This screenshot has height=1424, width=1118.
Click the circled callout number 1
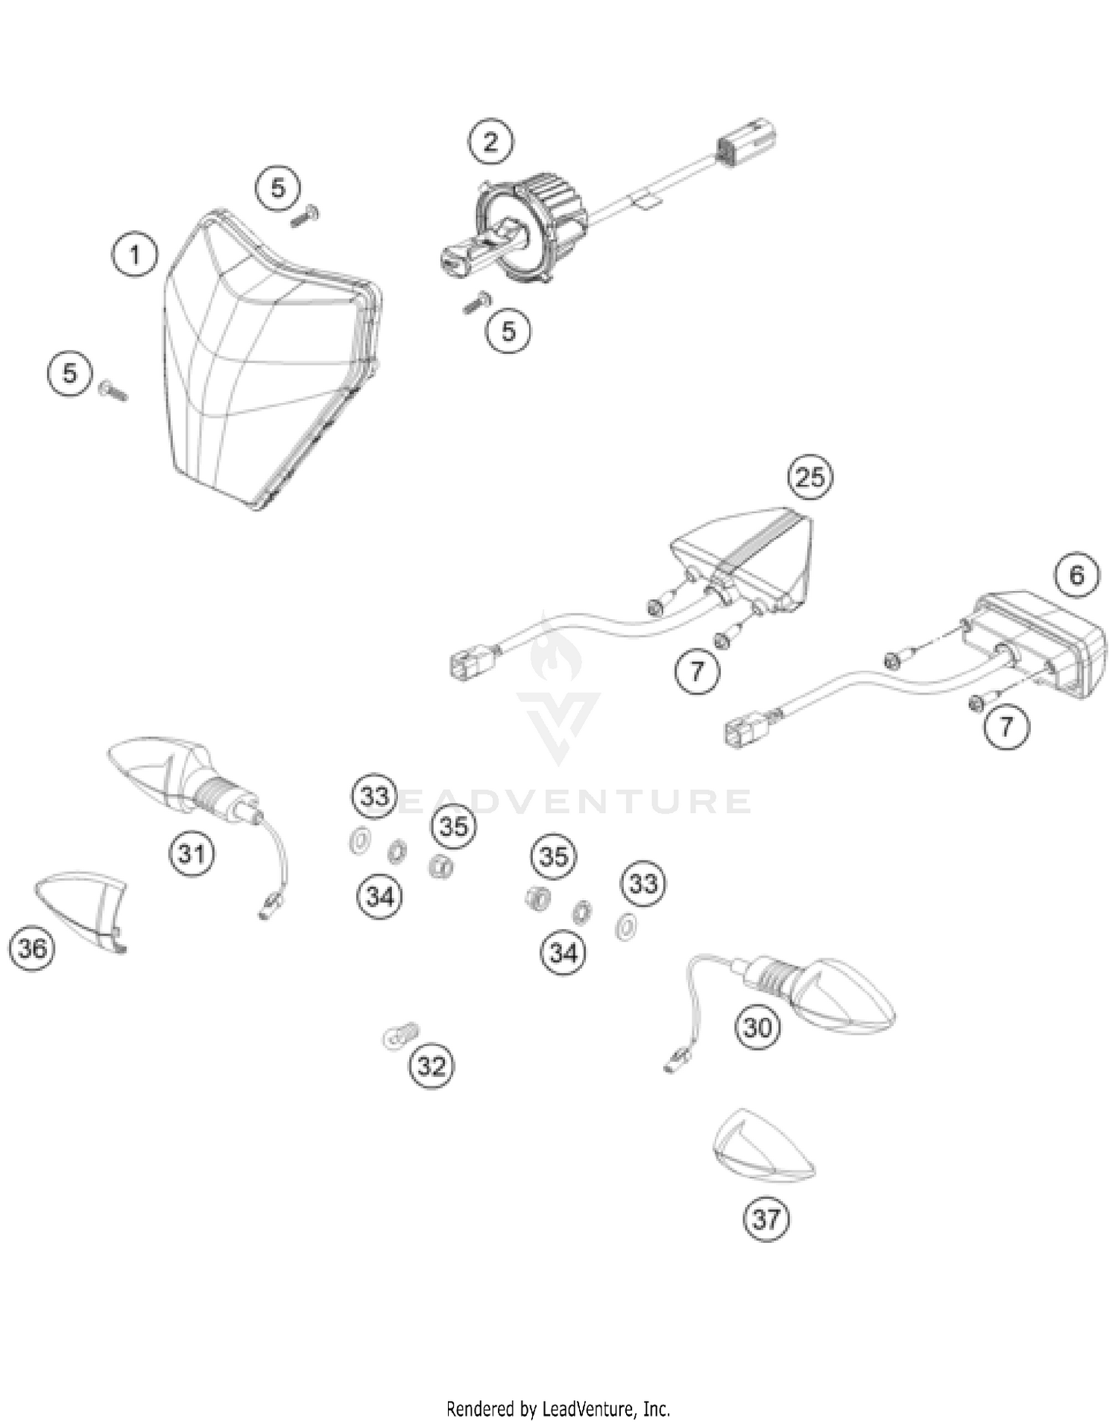click(135, 256)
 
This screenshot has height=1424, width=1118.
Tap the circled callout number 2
click(490, 142)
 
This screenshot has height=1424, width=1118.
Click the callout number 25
click(811, 476)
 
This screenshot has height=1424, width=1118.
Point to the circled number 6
click(1076, 575)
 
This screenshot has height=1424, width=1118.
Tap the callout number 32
click(432, 1066)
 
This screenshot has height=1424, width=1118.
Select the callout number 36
click(32, 949)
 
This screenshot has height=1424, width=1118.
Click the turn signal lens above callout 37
click(763, 1147)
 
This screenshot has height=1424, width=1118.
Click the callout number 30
click(757, 1028)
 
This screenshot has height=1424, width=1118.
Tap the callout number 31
click(192, 853)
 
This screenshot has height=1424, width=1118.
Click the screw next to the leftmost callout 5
click(113, 390)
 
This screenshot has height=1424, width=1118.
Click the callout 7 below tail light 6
click(1006, 725)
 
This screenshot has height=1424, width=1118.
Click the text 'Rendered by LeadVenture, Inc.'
click(558, 1409)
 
